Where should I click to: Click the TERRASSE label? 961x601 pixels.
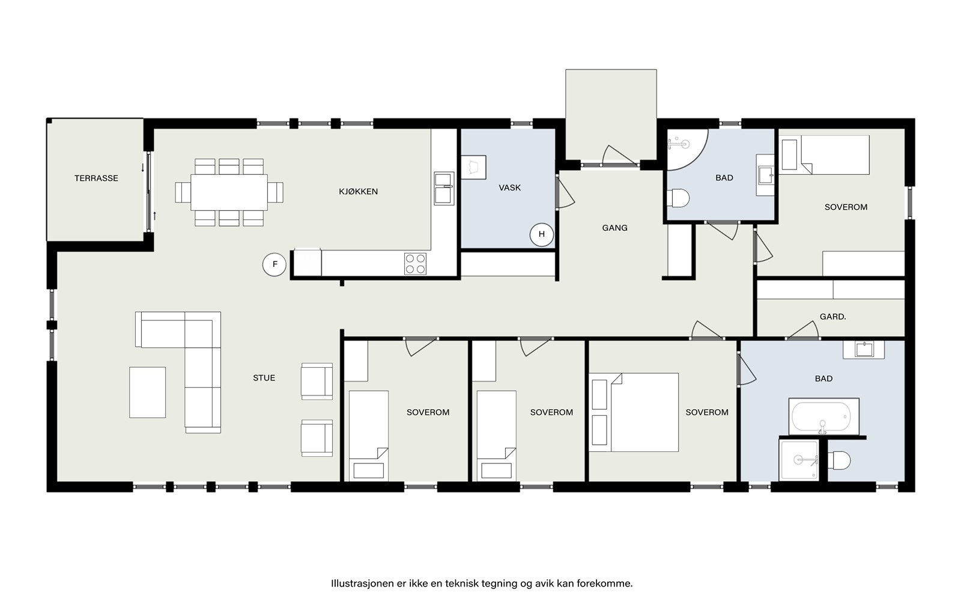click(x=96, y=178)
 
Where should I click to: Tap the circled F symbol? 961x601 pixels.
click(x=274, y=264)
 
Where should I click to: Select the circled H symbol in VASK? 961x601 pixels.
click(x=541, y=234)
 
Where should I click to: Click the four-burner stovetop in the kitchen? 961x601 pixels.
click(x=415, y=264)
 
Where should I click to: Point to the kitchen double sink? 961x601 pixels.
click(x=444, y=189)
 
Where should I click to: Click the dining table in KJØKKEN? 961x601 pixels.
click(x=229, y=192)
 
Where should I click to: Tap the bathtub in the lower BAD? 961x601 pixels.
click(x=823, y=416)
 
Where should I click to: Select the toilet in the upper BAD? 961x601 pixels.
click(x=678, y=198)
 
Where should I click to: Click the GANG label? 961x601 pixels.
click(x=615, y=228)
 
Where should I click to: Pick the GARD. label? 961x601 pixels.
click(x=832, y=317)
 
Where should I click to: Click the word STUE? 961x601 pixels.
click(x=264, y=378)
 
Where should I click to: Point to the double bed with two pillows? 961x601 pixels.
click(x=634, y=412)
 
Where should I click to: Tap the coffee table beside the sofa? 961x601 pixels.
click(x=148, y=392)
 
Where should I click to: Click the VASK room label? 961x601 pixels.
click(x=510, y=188)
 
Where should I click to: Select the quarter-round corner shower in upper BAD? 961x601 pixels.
click(x=687, y=150)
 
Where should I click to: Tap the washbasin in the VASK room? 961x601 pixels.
click(x=473, y=167)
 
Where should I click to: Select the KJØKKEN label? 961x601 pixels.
click(x=358, y=192)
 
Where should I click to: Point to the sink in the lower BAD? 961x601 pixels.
click(x=864, y=349)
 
